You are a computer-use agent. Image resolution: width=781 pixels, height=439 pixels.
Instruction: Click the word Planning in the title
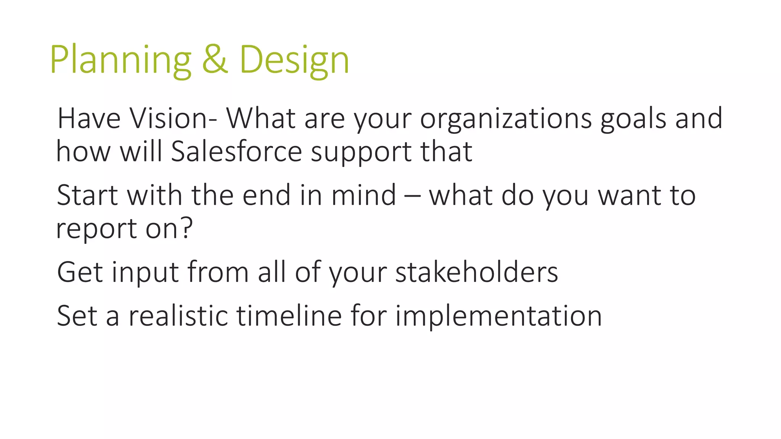pos(121,60)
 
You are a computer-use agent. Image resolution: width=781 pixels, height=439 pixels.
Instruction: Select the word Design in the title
pos(294,60)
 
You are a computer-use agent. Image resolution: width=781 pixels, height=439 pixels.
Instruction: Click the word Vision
pos(174,119)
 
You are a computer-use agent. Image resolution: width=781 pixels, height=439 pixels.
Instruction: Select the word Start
pos(87,195)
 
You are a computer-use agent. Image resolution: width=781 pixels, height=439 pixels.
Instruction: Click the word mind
pos(363,195)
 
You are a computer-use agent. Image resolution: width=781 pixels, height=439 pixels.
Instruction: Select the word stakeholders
pos(476,272)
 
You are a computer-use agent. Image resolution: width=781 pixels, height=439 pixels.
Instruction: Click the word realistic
pos(178,316)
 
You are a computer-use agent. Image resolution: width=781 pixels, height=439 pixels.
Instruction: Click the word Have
pos(89,119)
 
